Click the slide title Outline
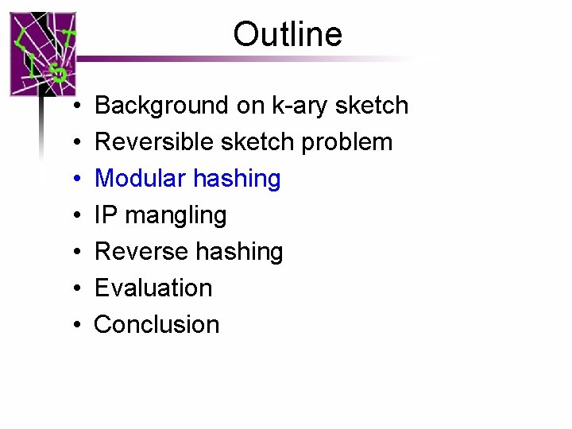tap(288, 34)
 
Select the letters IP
tap(105, 215)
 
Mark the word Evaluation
tap(153, 288)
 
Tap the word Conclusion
tap(157, 324)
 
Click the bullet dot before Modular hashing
tap(73, 180)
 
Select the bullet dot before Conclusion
tap(73, 325)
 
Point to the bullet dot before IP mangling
tap(73, 216)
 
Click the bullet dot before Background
tap(73, 106)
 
